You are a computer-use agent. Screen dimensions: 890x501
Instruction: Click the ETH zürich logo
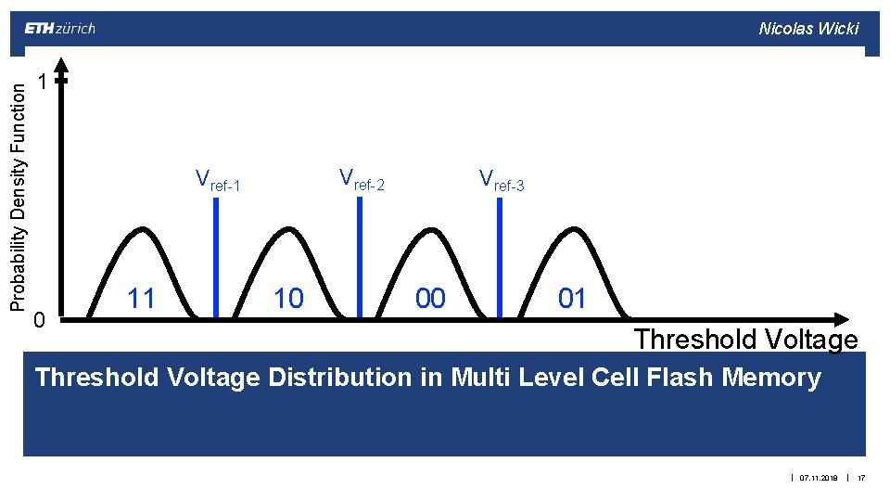point(59,28)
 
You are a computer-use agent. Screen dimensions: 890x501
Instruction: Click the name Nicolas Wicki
point(808,29)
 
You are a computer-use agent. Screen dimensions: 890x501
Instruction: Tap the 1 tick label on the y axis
point(41,83)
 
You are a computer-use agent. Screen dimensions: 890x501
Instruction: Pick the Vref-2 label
point(361,178)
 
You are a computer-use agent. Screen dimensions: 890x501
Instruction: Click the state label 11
point(141,298)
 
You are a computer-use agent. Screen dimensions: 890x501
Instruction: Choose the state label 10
point(288,298)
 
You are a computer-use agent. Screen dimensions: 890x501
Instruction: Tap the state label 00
point(430,298)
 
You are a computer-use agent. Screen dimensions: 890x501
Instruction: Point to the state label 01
point(572,298)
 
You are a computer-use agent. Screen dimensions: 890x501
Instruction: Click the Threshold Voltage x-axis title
point(745,340)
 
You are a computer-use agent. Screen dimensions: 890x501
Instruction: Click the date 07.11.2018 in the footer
point(818,478)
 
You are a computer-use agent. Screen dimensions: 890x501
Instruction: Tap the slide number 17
point(861,478)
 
